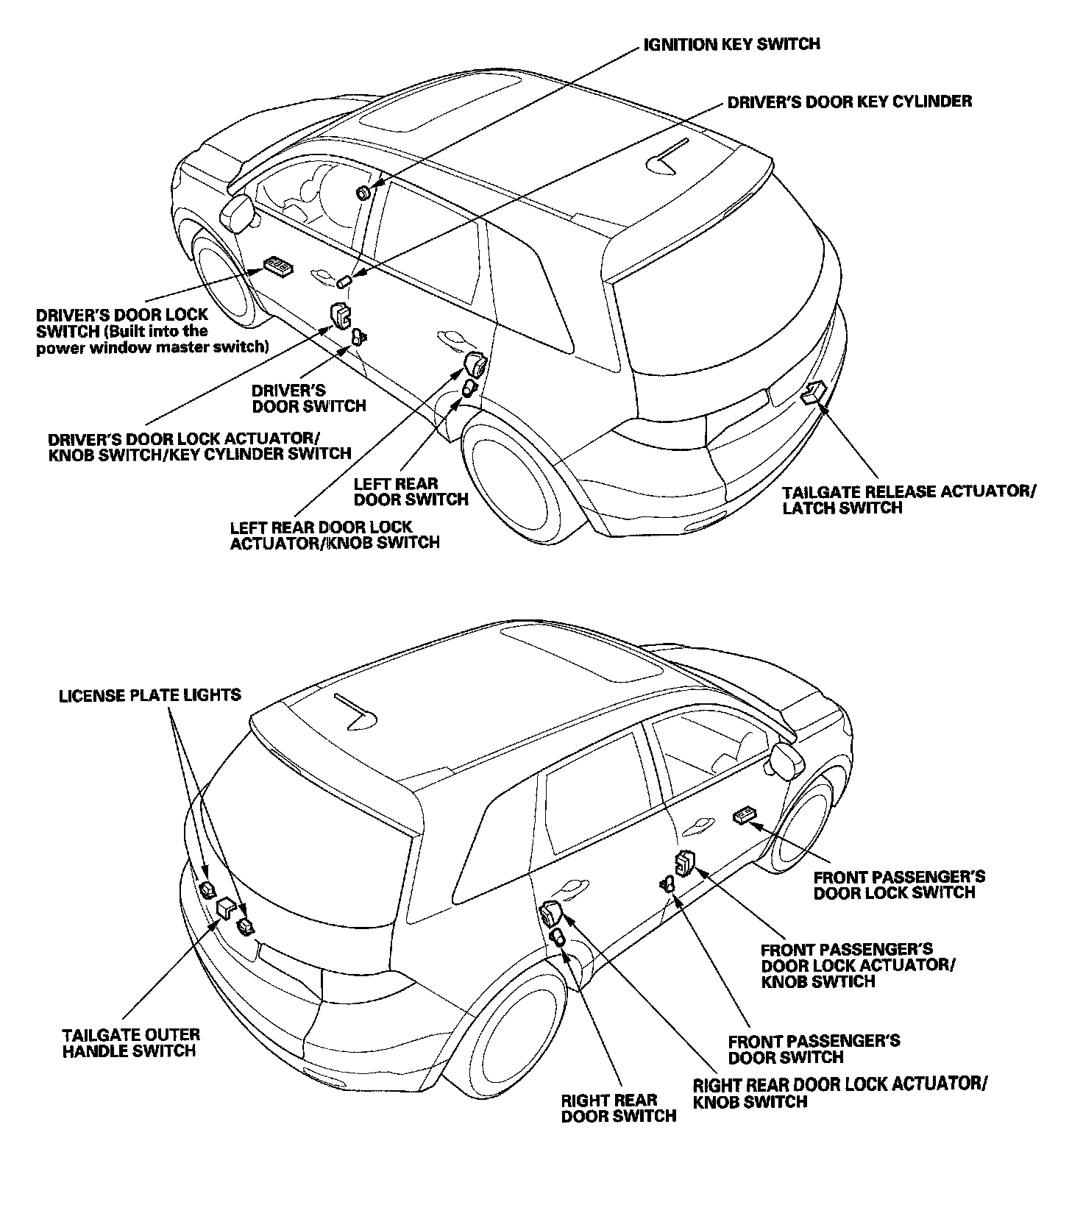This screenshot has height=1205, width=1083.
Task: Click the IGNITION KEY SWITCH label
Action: click(x=731, y=44)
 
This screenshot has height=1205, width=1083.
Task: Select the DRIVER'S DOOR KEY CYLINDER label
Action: click(x=849, y=102)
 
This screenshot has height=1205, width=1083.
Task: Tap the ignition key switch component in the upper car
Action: click(x=363, y=193)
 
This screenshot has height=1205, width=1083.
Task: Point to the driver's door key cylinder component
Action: click(x=344, y=282)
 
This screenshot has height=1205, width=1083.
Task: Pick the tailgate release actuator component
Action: click(x=813, y=393)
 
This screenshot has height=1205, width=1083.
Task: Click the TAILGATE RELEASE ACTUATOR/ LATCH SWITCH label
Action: click(x=908, y=500)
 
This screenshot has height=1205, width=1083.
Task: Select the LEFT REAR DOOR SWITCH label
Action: click(x=411, y=491)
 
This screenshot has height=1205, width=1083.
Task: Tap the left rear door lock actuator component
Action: click(x=475, y=363)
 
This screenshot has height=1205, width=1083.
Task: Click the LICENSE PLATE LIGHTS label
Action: click(x=150, y=694)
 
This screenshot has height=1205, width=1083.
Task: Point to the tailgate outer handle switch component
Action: click(x=226, y=908)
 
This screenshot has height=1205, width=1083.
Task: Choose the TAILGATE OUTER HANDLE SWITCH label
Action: click(x=131, y=1042)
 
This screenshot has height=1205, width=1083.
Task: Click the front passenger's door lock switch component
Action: click(x=745, y=814)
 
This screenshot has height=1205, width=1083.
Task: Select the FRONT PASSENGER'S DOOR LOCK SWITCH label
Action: click(x=899, y=884)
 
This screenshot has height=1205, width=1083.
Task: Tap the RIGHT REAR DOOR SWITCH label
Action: click(x=618, y=1107)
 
